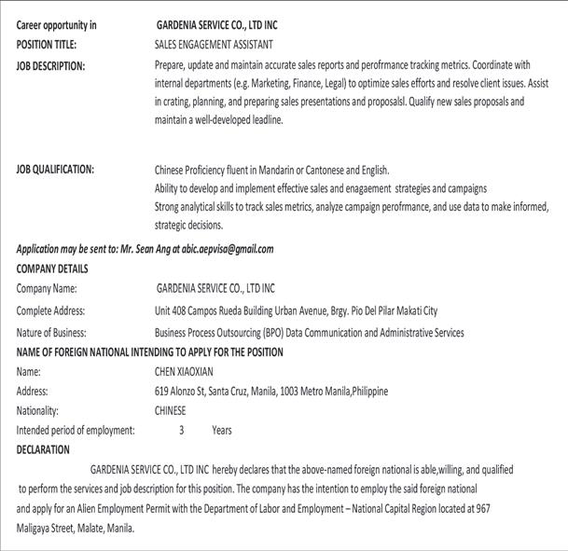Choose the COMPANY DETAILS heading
point(52,269)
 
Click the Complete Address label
point(50,310)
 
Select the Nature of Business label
point(52,333)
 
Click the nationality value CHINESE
point(170,410)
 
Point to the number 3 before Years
point(182,431)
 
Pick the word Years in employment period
point(222,431)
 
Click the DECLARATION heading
point(43,449)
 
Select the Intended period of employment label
point(76,431)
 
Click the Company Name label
point(47,289)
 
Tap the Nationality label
point(38,410)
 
